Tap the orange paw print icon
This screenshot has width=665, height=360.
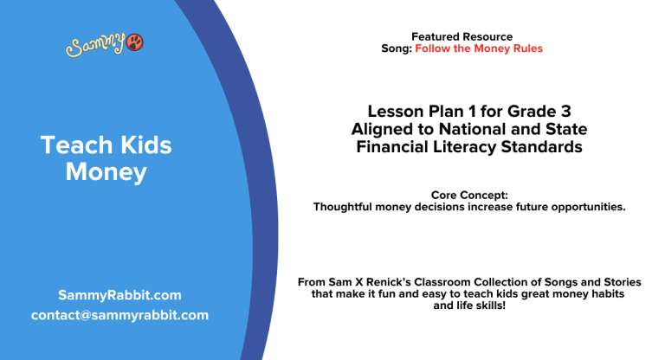point(135,42)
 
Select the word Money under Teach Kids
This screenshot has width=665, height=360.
point(107,171)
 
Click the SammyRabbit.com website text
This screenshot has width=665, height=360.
point(119,294)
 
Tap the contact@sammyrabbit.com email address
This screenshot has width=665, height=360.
point(119,315)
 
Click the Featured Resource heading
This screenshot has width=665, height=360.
point(462,36)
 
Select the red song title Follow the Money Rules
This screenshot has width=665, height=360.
point(479,48)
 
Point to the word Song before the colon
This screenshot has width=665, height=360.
point(395,48)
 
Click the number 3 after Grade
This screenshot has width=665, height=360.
point(565,112)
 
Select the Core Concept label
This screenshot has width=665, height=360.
point(468,196)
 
